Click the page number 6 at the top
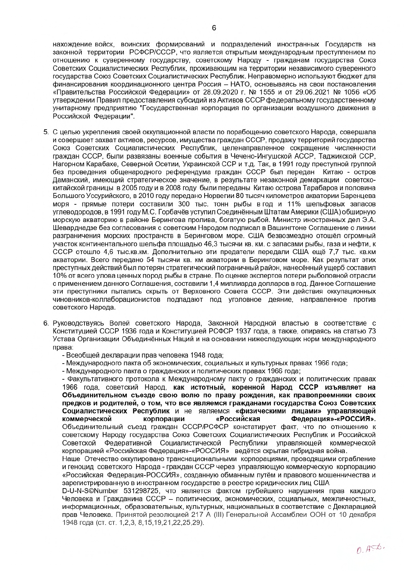[x=214, y=28]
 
